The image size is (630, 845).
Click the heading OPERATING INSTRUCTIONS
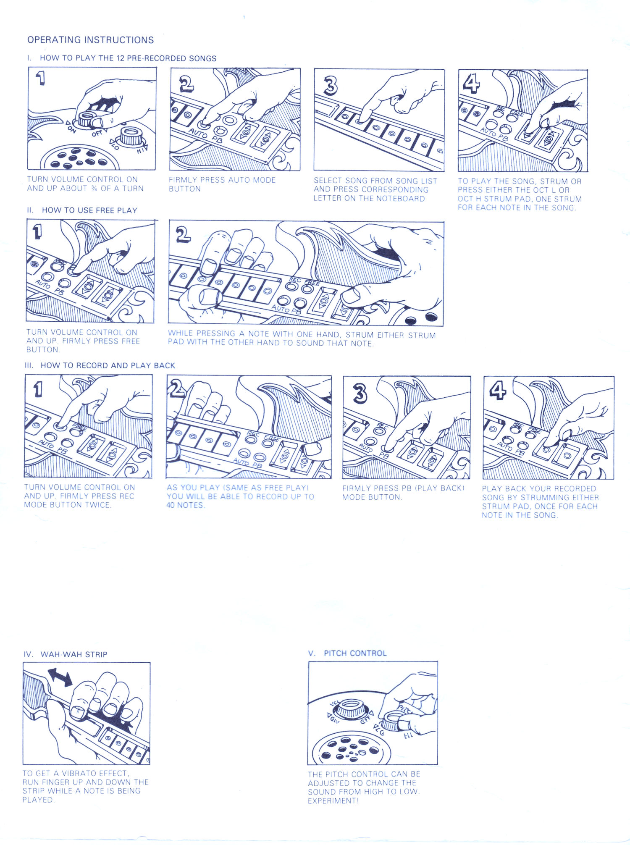(x=91, y=40)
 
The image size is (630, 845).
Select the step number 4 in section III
(x=498, y=391)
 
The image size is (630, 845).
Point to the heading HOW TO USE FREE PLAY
(x=89, y=210)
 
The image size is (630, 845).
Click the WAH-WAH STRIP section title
(x=74, y=654)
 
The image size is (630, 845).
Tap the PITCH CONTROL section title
(x=355, y=653)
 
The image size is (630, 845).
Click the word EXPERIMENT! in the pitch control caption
(x=333, y=800)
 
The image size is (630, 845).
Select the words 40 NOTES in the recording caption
(x=185, y=505)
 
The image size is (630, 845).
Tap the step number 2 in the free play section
(x=183, y=234)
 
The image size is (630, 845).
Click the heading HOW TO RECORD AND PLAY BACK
(x=108, y=365)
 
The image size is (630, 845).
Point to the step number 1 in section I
(x=40, y=78)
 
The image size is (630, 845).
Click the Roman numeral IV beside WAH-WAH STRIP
(x=28, y=654)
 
